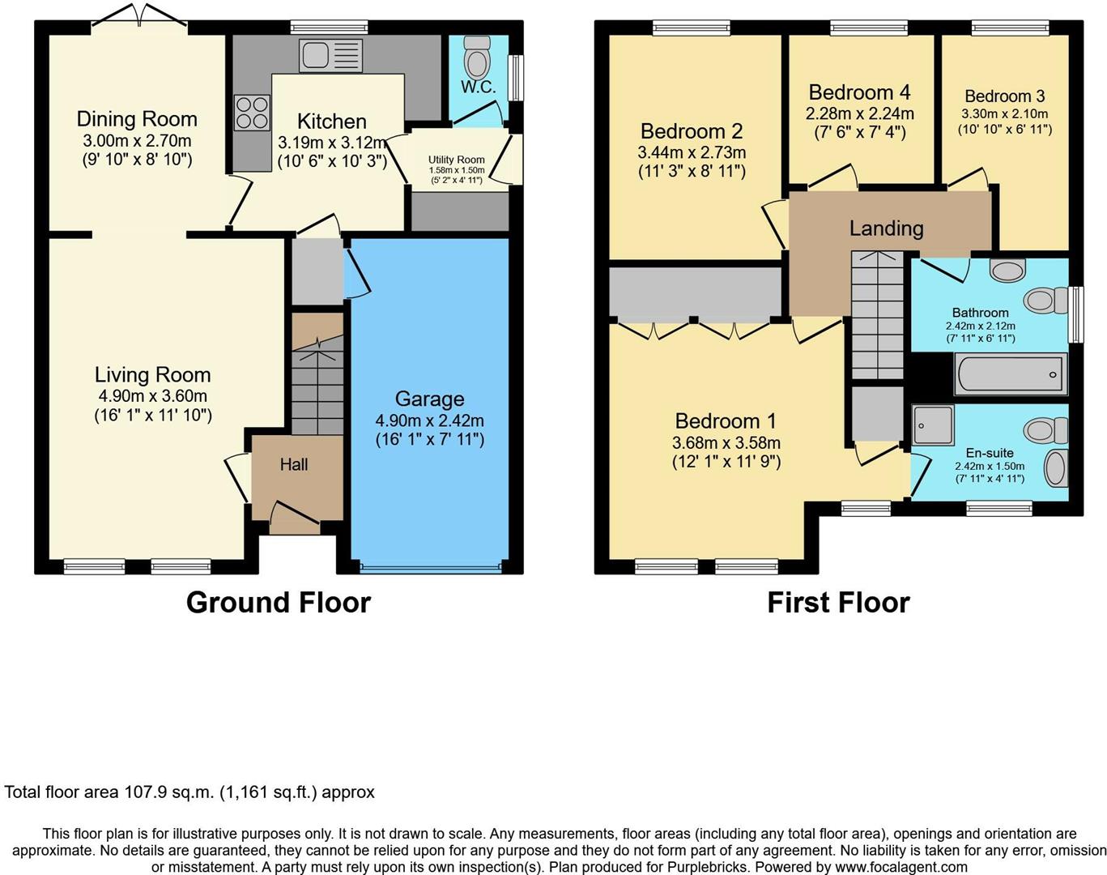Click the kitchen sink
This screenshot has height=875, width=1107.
(330, 56)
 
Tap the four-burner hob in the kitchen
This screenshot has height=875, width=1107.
(252, 113)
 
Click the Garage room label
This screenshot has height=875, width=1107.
(429, 399)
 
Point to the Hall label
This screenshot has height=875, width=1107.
(294, 465)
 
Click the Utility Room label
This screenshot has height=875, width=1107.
(457, 160)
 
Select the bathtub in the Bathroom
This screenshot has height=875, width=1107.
(1009, 374)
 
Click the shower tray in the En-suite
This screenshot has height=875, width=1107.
(933, 425)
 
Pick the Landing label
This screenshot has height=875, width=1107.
(886, 228)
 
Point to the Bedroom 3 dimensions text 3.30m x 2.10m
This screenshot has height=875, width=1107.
(1004, 114)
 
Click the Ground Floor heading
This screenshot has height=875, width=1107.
(279, 603)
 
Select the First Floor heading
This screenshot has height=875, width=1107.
(838, 603)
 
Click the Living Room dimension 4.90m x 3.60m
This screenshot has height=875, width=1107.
(153, 396)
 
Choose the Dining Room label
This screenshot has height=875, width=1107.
(137, 119)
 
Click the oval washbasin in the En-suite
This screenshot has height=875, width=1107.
(1055, 468)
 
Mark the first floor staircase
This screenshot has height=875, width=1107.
(877, 316)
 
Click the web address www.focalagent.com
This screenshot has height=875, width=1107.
(901, 866)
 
